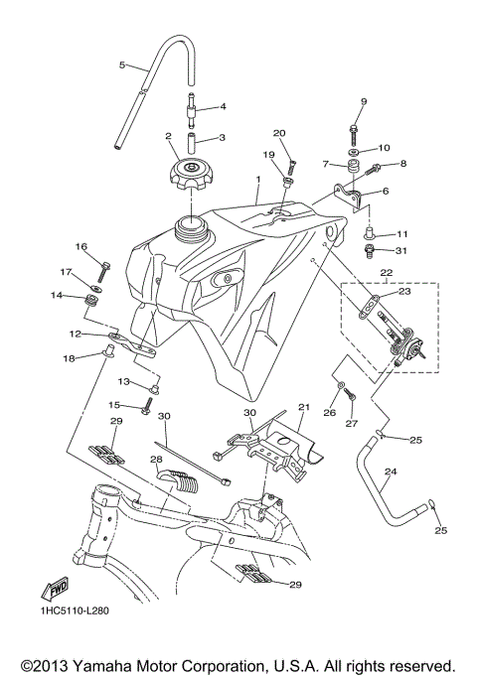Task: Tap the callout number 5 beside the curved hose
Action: pos(122,66)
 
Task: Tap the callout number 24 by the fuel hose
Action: pos(390,473)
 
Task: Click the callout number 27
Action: pos(350,423)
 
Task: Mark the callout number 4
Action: pos(223,106)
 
